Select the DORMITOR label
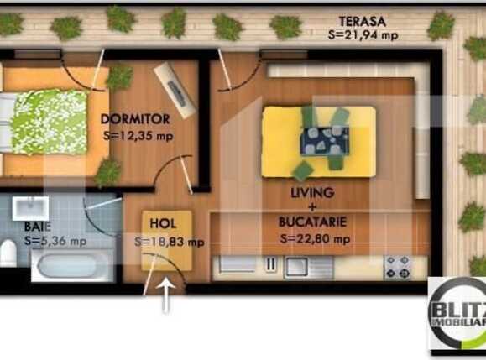pyautogui.click(x=135, y=118)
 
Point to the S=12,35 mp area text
pyautogui.click(x=138, y=133)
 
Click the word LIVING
pyautogui.click(x=311, y=192)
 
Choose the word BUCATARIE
pyautogui.click(x=312, y=222)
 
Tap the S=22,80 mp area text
pyautogui.click(x=314, y=238)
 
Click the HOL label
pyautogui.click(x=164, y=224)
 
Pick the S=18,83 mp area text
pyautogui.click(x=170, y=242)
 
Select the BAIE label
pyautogui.click(x=34, y=227)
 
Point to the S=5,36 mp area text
pyautogui.click(x=55, y=241)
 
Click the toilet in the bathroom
pyautogui.click(x=8, y=252)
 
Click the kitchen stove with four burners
pyautogui.click(x=396, y=267)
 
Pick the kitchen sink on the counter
pyautogui.click(x=297, y=267)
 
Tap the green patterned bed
pyautogui.click(x=48, y=122)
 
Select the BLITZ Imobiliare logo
pyautogui.click(x=457, y=313)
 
